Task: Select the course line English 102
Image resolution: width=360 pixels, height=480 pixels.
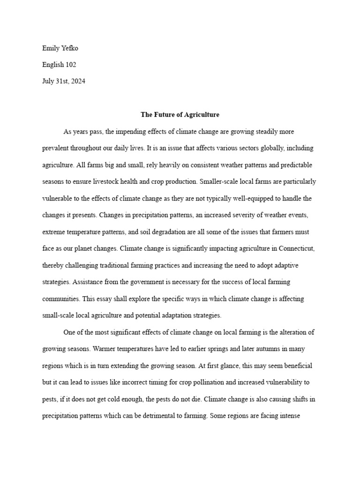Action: point(59,65)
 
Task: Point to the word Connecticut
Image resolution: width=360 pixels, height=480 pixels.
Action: point(293,248)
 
